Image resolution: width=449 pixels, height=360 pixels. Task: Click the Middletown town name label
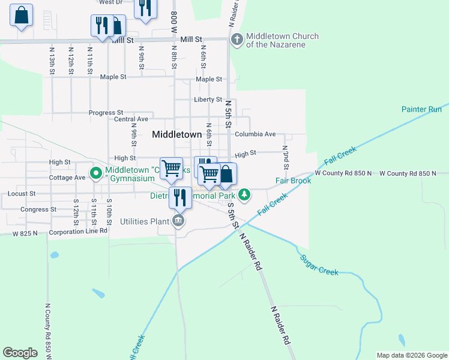(176, 134)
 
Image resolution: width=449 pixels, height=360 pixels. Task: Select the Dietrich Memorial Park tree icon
(244, 194)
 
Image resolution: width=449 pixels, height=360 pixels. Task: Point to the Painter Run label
(421, 109)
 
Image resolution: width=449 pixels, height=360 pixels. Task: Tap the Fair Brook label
(293, 181)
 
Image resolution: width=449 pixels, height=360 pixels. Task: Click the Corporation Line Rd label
(78, 231)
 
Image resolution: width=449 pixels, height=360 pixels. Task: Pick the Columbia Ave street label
(255, 134)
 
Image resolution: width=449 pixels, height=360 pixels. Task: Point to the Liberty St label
(208, 100)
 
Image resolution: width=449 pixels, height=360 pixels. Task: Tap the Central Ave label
(130, 119)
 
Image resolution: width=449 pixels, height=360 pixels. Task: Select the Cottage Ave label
(67, 178)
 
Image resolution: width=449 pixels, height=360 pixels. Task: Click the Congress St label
(38, 209)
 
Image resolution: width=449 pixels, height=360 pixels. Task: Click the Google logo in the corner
(20, 353)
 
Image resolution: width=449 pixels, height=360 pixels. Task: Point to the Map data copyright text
(412, 355)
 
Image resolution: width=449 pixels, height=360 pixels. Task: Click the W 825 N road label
(25, 233)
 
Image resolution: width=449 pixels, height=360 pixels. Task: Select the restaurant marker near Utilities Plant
(180, 197)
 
